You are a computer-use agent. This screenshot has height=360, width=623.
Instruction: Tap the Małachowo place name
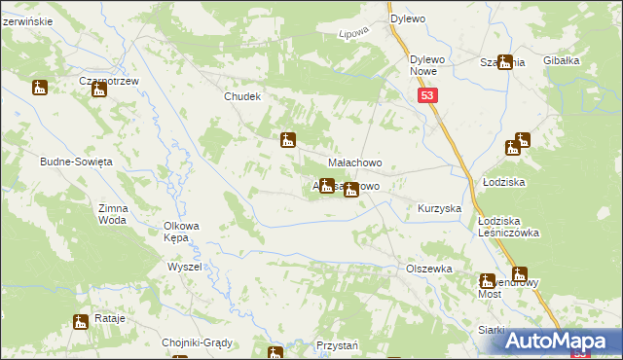click(x=353, y=162)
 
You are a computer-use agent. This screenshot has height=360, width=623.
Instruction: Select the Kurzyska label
click(x=438, y=209)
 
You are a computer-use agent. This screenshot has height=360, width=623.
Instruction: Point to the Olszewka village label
click(x=429, y=268)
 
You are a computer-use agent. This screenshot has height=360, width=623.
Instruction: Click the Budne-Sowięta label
click(x=77, y=161)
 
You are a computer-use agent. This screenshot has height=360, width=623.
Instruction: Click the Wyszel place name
click(x=184, y=266)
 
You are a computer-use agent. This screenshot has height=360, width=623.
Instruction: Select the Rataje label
click(x=113, y=320)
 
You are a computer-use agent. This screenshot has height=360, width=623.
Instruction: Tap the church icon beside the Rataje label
click(x=81, y=321)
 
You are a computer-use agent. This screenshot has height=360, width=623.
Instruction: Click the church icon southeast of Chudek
click(x=287, y=140)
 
